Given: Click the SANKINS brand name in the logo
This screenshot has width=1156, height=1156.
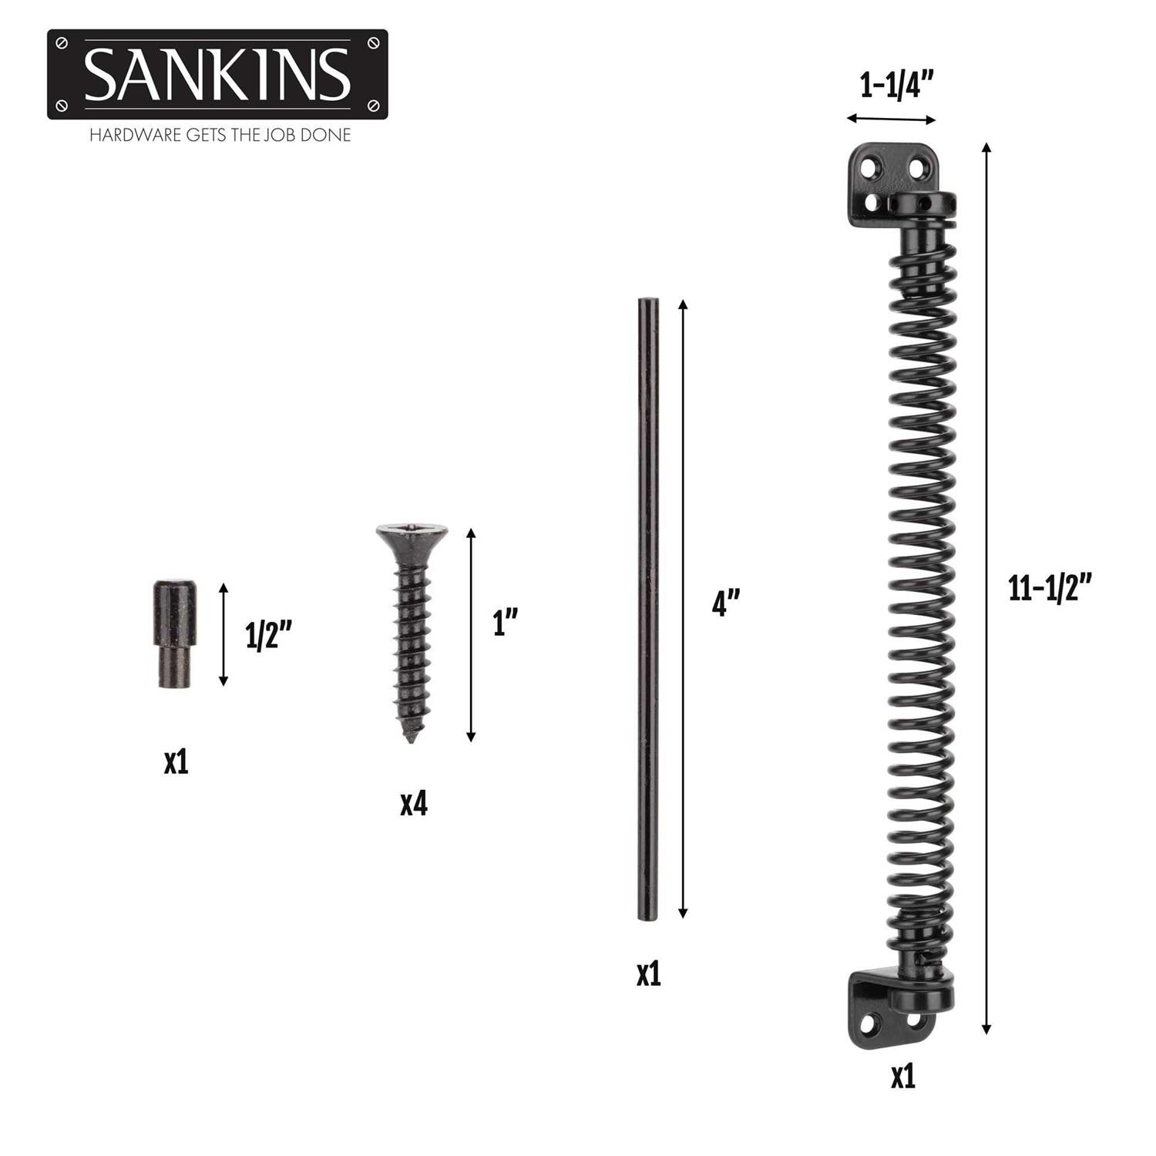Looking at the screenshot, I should click(217, 75).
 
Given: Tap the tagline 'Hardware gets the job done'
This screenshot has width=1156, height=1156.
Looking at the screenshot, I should click(220, 135).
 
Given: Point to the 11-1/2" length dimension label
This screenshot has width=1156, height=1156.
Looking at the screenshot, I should click(1050, 588).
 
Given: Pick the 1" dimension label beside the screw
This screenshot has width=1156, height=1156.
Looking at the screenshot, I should click(505, 622).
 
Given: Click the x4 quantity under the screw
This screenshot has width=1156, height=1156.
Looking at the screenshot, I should click(413, 804).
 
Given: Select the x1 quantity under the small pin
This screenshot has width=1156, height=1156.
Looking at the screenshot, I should click(176, 762).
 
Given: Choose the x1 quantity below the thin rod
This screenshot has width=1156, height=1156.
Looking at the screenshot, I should click(648, 974).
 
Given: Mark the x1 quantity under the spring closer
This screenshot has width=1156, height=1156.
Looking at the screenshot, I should click(902, 1077).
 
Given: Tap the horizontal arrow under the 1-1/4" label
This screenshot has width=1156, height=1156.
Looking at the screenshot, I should click(891, 119).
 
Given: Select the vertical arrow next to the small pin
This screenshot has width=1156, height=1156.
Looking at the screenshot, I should click(223, 634).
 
